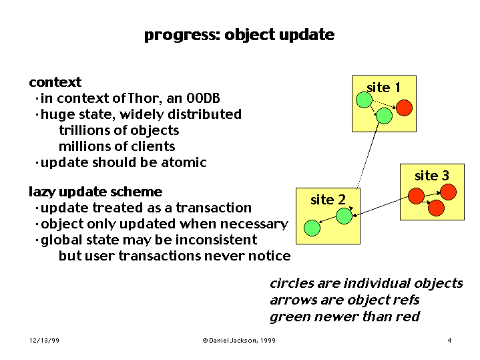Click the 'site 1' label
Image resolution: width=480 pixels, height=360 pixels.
[x=384, y=88]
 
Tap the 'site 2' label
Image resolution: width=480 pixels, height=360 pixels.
[x=328, y=200]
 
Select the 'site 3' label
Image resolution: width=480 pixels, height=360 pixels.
[x=432, y=176]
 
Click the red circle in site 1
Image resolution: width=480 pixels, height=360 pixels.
[x=404, y=108]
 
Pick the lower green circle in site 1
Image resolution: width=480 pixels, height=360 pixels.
[x=384, y=116]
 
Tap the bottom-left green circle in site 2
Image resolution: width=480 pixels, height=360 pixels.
[x=312, y=228]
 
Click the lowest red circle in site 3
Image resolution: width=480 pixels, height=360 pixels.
[x=436, y=208]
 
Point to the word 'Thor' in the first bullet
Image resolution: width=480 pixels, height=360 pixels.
[x=144, y=98]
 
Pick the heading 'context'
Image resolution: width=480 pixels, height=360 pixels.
[x=55, y=82]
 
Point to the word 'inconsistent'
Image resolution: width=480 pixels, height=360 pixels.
[x=216, y=240]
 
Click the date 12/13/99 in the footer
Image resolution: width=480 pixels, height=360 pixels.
[x=44, y=341]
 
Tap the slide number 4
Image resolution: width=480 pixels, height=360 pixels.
[x=449, y=341]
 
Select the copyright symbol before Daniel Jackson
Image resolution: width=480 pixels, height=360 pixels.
[x=205, y=341]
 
